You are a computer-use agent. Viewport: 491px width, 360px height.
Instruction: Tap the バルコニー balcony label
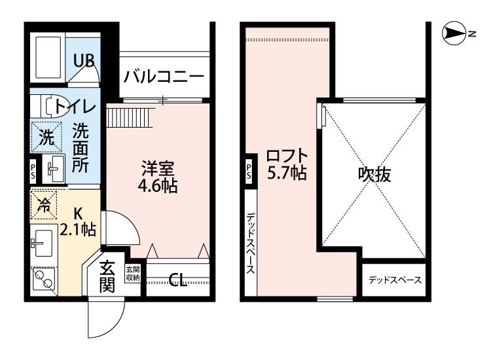click(x=163, y=76)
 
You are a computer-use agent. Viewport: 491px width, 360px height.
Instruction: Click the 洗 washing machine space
click(x=45, y=137)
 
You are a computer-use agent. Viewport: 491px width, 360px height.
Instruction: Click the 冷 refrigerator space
click(x=45, y=205)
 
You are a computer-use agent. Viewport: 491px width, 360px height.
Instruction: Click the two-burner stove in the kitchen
click(x=45, y=281)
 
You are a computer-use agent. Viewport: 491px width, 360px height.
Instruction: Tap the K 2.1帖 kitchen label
click(x=78, y=221)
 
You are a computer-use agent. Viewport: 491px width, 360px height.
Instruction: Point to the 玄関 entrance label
click(x=107, y=276)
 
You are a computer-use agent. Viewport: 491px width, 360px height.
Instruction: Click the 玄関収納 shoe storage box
click(x=133, y=273)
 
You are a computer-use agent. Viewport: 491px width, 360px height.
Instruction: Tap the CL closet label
click(x=177, y=281)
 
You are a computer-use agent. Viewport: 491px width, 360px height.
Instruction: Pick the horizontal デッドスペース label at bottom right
click(x=394, y=280)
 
